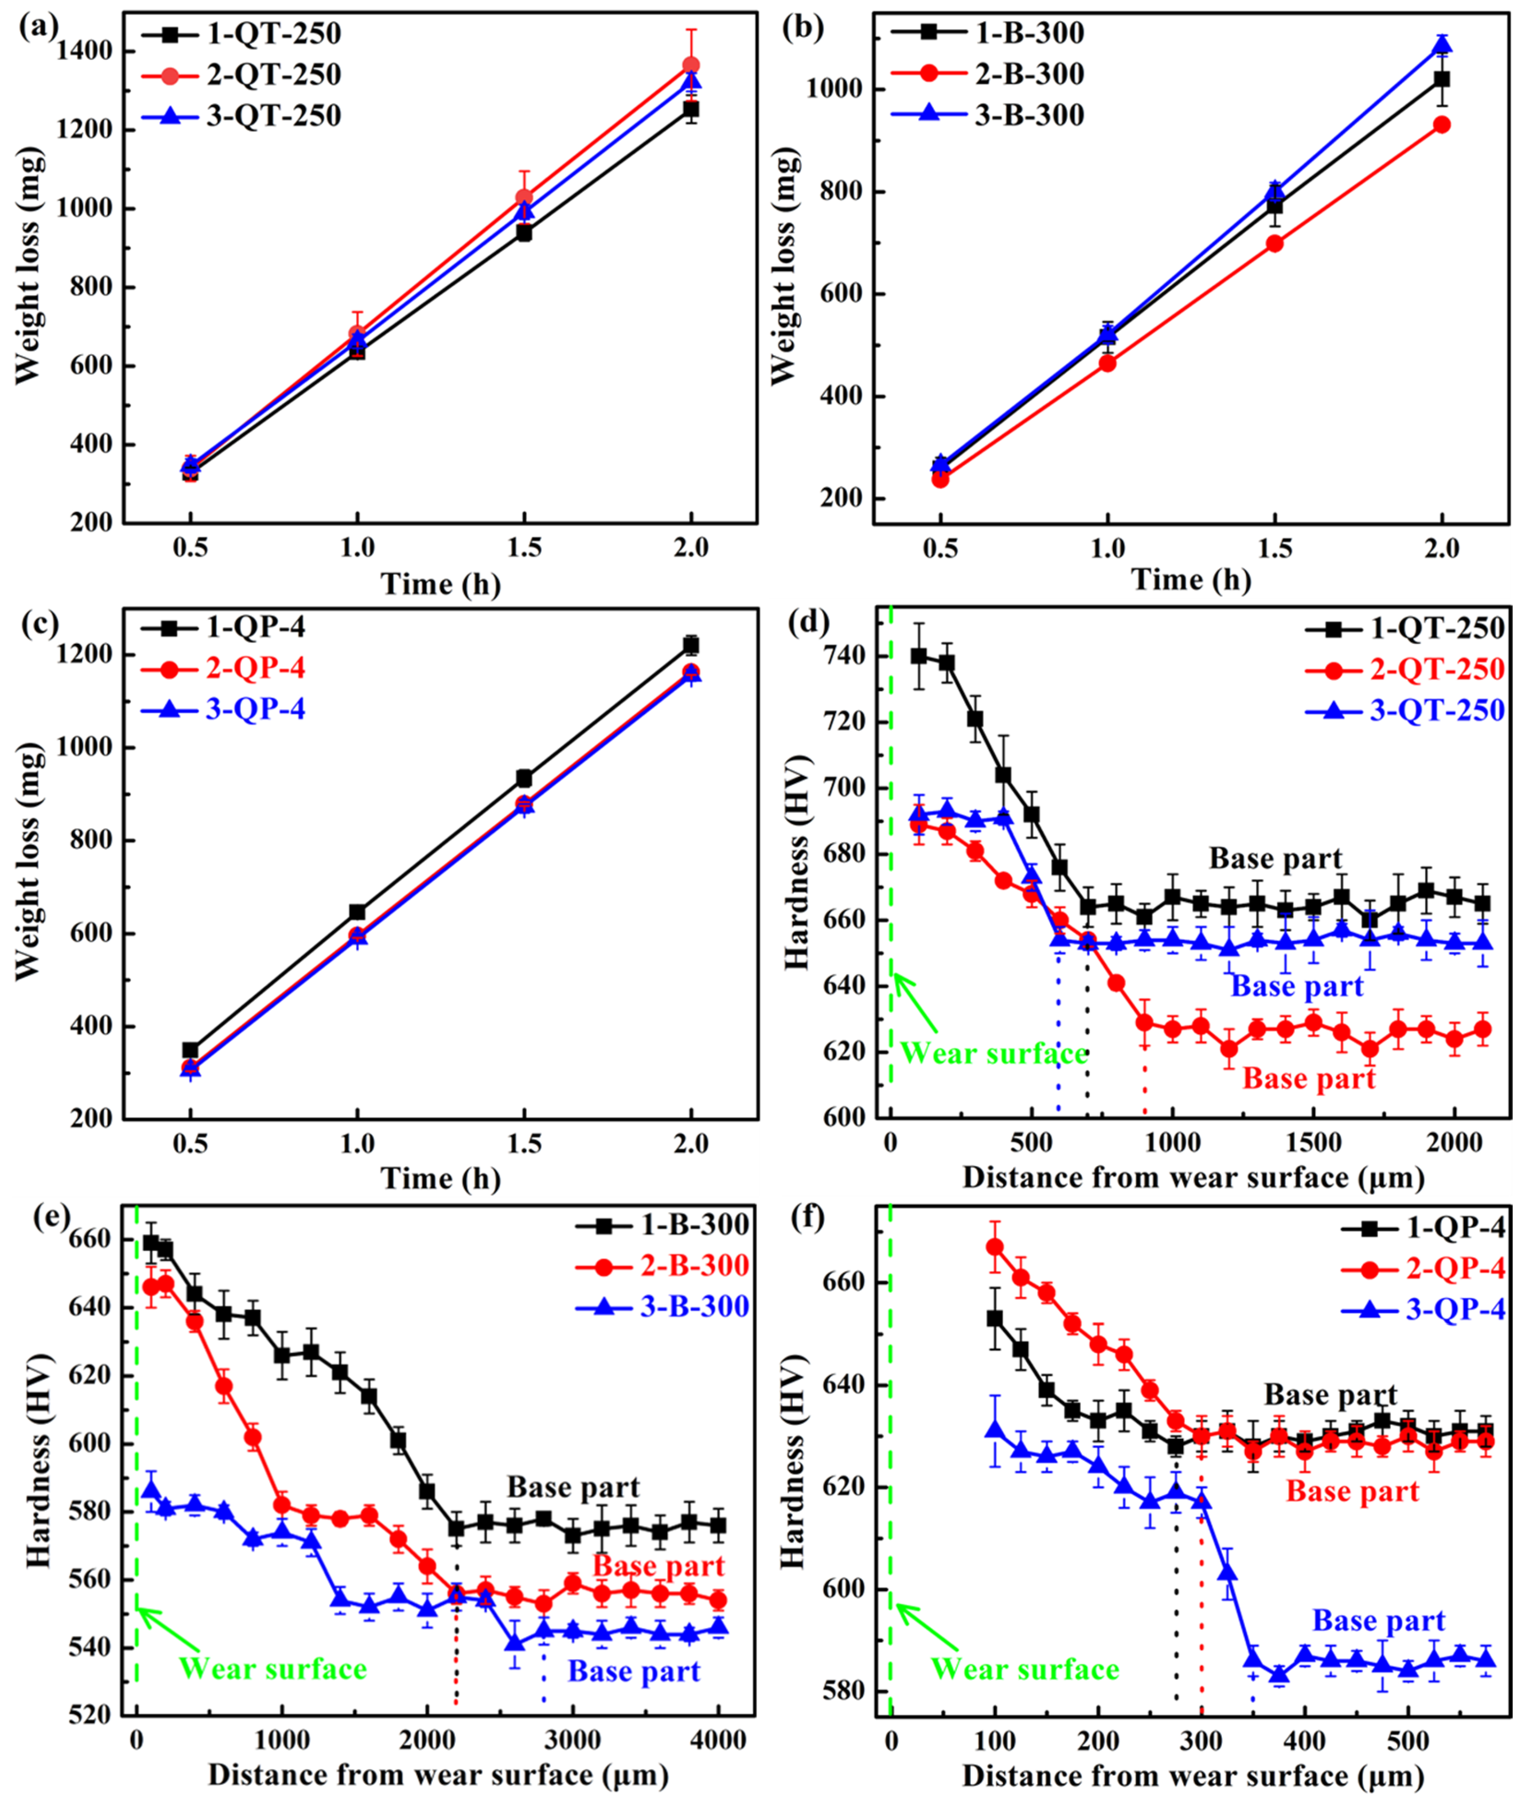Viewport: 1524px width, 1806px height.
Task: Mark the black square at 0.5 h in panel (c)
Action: [x=190, y=1050]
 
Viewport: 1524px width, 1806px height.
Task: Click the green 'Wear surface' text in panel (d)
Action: [x=994, y=1054]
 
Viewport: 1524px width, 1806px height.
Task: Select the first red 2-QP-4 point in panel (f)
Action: [x=994, y=1246]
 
